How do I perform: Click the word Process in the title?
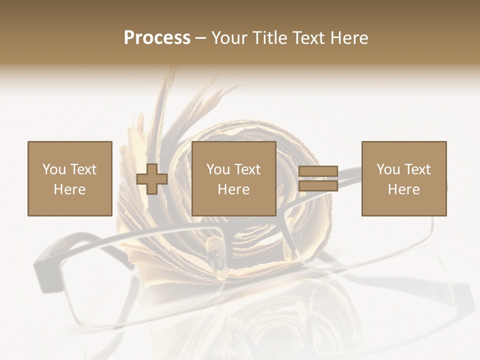click(x=157, y=38)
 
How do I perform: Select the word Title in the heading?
click(x=270, y=38)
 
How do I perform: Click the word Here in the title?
click(x=350, y=38)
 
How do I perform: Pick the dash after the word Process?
click(x=201, y=39)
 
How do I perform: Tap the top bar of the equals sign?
click(x=318, y=171)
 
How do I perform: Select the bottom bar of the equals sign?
click(x=318, y=185)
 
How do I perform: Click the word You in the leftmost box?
click(x=54, y=169)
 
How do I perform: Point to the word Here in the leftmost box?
click(x=69, y=189)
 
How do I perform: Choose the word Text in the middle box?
click(x=247, y=169)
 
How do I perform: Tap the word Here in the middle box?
click(x=233, y=189)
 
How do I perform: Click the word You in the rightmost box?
click(x=388, y=169)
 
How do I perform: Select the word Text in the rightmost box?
click(x=417, y=169)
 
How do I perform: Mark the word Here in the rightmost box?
click(x=403, y=189)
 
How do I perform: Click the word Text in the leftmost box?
click(x=83, y=169)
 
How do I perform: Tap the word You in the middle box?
click(x=218, y=169)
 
